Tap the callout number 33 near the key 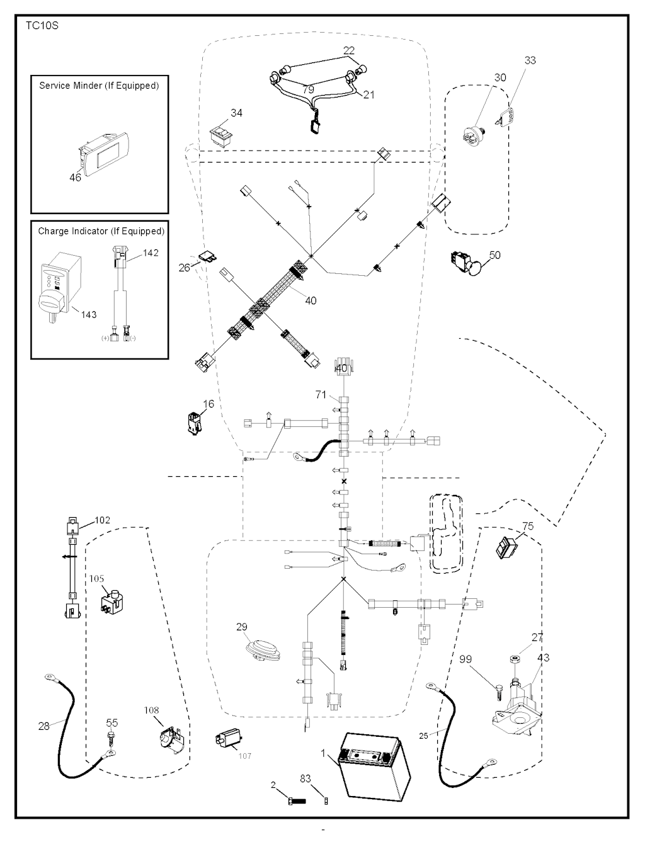tap(530, 60)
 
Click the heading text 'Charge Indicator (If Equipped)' tap(101, 231)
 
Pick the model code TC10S tap(42, 26)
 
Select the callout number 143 tap(89, 315)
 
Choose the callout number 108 tap(151, 710)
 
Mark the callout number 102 tap(102, 520)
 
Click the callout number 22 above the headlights tap(349, 51)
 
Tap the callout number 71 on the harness tap(321, 394)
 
